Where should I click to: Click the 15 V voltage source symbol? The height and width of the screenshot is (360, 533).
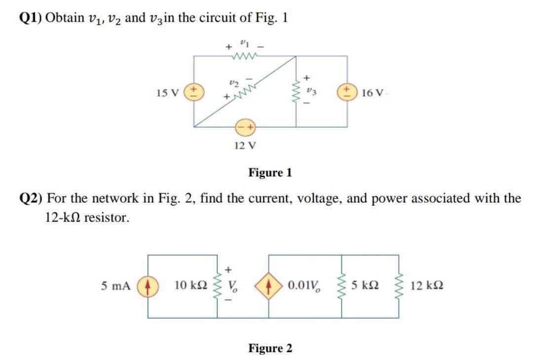pos(193,92)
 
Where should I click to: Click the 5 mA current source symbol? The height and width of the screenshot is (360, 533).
pos(148,286)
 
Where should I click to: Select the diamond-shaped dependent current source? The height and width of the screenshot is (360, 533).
pos(269,286)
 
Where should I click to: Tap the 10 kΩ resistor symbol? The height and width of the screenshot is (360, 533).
pos(217,286)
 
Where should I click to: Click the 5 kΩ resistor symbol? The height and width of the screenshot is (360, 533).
pos(342,286)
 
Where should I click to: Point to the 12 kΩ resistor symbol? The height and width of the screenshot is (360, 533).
pos(399,286)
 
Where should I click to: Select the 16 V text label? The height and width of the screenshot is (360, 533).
pos(371,92)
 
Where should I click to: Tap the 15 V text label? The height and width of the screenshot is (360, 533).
pos(167,92)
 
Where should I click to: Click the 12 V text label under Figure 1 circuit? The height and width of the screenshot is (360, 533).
pos(245,145)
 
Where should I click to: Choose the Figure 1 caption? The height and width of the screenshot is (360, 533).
pos(270,173)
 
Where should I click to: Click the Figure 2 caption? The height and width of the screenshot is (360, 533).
pos(270,348)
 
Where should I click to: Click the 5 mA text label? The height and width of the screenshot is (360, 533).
pos(116,286)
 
